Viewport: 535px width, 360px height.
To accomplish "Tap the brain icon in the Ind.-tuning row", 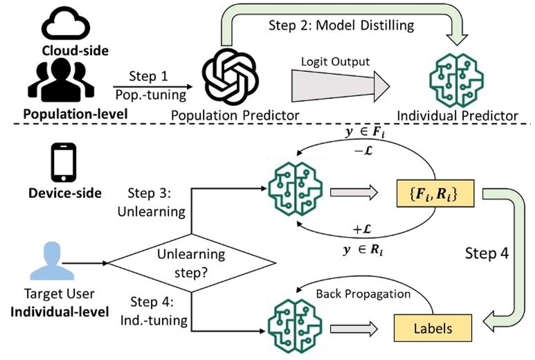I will coord(295,322).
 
